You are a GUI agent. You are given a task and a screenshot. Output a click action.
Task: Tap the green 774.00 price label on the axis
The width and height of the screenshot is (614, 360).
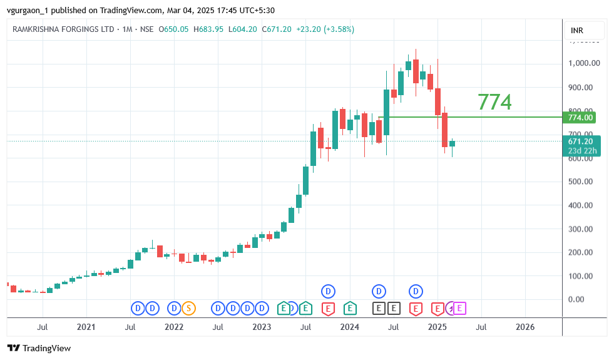[x=580, y=117]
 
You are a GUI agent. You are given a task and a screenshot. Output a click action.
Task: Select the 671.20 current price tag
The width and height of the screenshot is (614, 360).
[x=580, y=141]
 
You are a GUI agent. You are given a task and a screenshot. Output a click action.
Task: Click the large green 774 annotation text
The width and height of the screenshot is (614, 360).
[x=494, y=101]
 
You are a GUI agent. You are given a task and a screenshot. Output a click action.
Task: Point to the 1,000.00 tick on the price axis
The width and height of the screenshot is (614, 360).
[x=584, y=63]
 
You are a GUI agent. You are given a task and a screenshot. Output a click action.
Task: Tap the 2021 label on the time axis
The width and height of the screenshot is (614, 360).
[x=86, y=327]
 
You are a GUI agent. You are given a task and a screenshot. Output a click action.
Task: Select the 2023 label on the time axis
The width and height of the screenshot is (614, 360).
[x=262, y=327]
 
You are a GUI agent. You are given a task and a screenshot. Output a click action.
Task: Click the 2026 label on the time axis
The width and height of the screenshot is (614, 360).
[x=524, y=327]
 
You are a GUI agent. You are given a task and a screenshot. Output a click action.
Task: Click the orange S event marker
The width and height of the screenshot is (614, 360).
[x=188, y=308]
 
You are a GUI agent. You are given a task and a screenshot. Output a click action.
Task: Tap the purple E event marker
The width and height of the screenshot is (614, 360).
[x=460, y=308]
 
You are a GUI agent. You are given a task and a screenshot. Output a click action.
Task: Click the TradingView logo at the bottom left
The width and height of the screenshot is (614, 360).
[x=39, y=348]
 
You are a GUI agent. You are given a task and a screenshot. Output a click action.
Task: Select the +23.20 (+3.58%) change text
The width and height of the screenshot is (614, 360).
[x=334, y=29]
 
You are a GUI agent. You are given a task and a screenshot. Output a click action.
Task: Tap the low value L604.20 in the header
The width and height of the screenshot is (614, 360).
[x=243, y=29]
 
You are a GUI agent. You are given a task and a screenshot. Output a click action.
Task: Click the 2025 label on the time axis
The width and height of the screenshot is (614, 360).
[x=437, y=327]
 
